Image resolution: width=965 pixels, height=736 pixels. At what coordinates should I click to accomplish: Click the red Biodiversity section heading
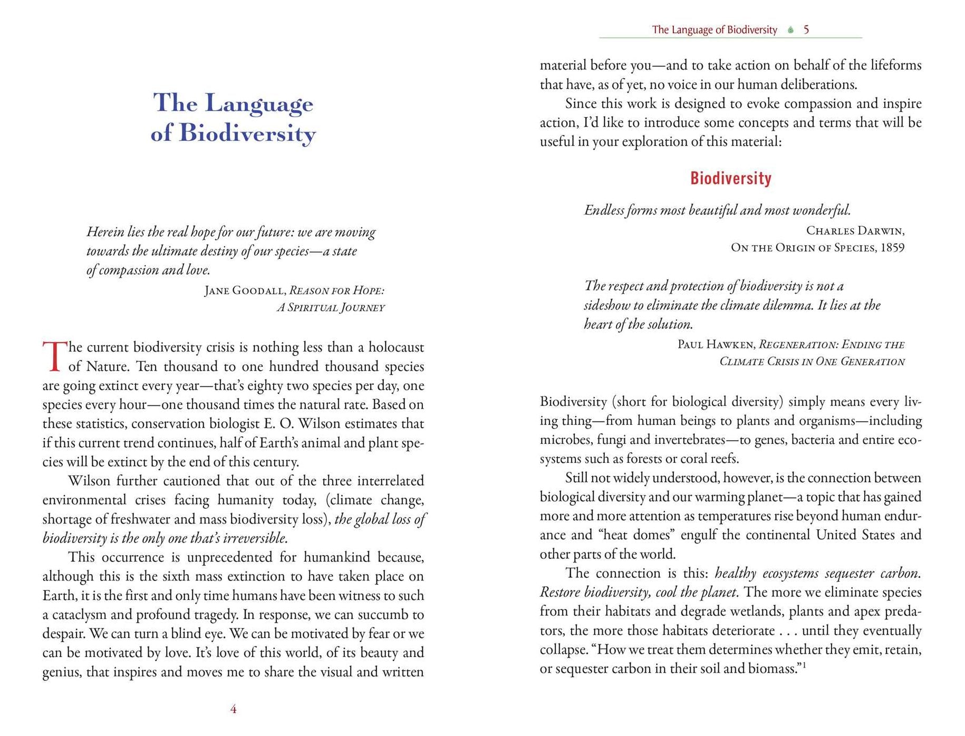click(x=730, y=178)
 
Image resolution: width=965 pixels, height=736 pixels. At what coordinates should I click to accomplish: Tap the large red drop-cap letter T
click(x=54, y=356)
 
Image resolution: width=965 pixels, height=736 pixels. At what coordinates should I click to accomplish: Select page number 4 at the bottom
click(x=233, y=710)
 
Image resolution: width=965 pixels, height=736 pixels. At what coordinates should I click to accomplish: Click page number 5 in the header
click(x=806, y=30)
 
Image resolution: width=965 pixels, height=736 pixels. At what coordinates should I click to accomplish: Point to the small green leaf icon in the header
click(x=790, y=30)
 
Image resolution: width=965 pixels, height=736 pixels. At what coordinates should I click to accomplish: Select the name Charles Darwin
click(x=855, y=230)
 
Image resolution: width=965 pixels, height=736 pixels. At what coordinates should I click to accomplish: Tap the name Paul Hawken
click(x=716, y=345)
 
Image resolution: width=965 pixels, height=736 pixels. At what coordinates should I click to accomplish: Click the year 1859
click(x=892, y=248)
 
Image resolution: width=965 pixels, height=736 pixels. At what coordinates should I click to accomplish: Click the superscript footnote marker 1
click(x=805, y=665)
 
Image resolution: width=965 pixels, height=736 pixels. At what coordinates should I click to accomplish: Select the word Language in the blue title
click(x=259, y=104)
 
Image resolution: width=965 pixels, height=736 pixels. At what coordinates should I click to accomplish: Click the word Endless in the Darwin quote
click(x=604, y=210)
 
